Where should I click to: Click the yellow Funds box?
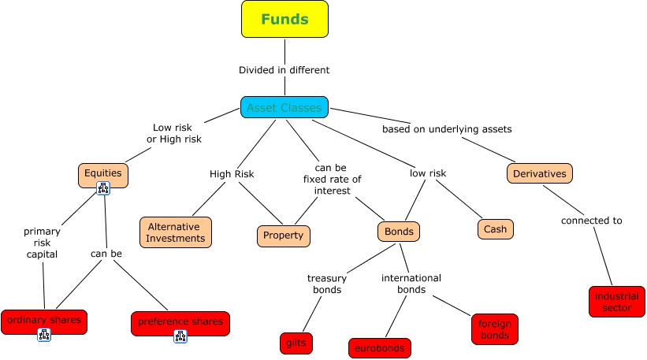click(x=284, y=20)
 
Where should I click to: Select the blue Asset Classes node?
click(x=284, y=107)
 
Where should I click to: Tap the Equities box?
click(x=103, y=175)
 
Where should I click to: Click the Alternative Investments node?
click(x=176, y=232)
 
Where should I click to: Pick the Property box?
click(x=284, y=236)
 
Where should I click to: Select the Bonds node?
click(x=399, y=232)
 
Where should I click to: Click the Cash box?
click(x=495, y=229)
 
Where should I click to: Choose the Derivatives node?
click(x=539, y=173)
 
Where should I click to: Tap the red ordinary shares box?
click(x=44, y=321)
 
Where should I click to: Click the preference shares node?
click(x=180, y=321)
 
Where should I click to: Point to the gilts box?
click(x=296, y=343)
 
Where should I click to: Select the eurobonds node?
click(x=379, y=347)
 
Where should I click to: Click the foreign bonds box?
click(x=495, y=329)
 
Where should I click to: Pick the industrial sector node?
click(x=617, y=302)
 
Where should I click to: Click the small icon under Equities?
click(x=103, y=189)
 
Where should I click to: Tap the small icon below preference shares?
click(x=180, y=336)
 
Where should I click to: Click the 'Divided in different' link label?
click(x=284, y=70)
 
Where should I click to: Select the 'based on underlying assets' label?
click(x=447, y=128)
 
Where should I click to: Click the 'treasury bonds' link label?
click(x=324, y=284)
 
